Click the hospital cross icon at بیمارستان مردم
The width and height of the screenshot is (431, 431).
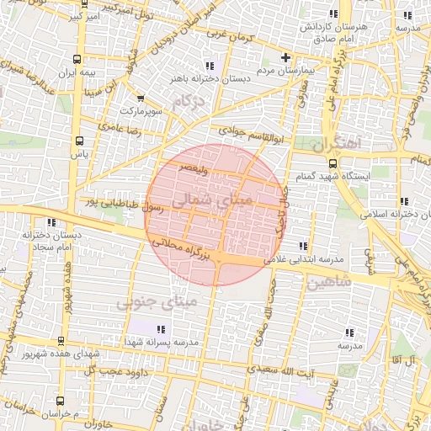[x=285, y=58]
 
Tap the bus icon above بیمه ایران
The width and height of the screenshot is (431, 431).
[x=78, y=60]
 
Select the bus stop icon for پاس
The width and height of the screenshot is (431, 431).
[x=79, y=141]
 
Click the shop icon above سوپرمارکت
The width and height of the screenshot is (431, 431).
[x=139, y=98]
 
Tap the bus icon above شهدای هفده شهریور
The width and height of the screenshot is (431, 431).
[x=61, y=341]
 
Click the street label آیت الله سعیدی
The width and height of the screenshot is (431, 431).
[x=302, y=370]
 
